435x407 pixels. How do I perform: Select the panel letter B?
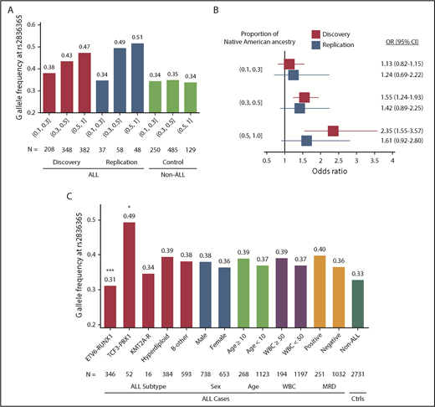[x=239, y=10]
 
